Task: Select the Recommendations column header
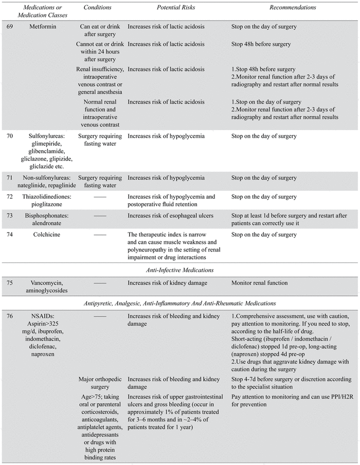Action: pyautogui.click(x=293, y=8)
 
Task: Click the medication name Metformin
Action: pyautogui.click(x=48, y=26)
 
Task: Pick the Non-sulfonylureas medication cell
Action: pyautogui.click(x=48, y=182)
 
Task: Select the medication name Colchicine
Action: pyautogui.click(x=48, y=235)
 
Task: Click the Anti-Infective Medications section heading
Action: pyautogui.click(x=179, y=270)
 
